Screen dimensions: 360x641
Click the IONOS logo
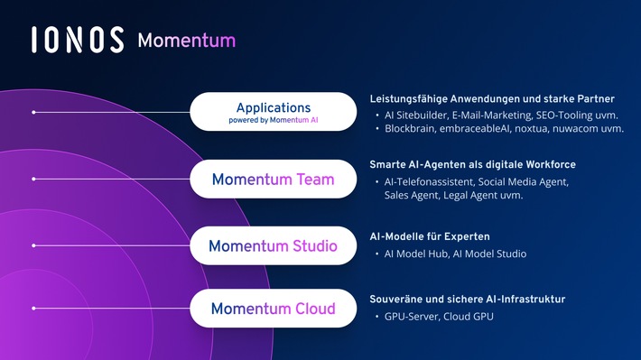point(78,40)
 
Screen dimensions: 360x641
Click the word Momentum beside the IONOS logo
point(187,41)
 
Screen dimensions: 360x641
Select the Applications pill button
point(273,113)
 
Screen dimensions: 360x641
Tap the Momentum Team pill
point(273,180)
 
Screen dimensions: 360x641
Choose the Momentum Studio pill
point(273,245)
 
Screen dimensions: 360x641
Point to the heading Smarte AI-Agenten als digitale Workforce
point(472,165)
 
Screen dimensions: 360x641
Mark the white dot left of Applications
point(33,113)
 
